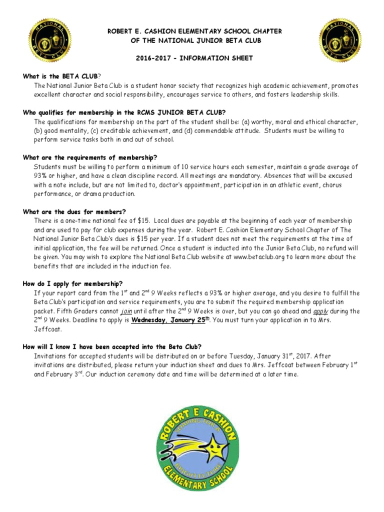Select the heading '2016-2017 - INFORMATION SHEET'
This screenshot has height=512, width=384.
coord(194,58)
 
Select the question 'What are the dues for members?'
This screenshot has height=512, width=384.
coord(74,211)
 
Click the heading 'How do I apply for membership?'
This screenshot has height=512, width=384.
coord(72,283)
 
